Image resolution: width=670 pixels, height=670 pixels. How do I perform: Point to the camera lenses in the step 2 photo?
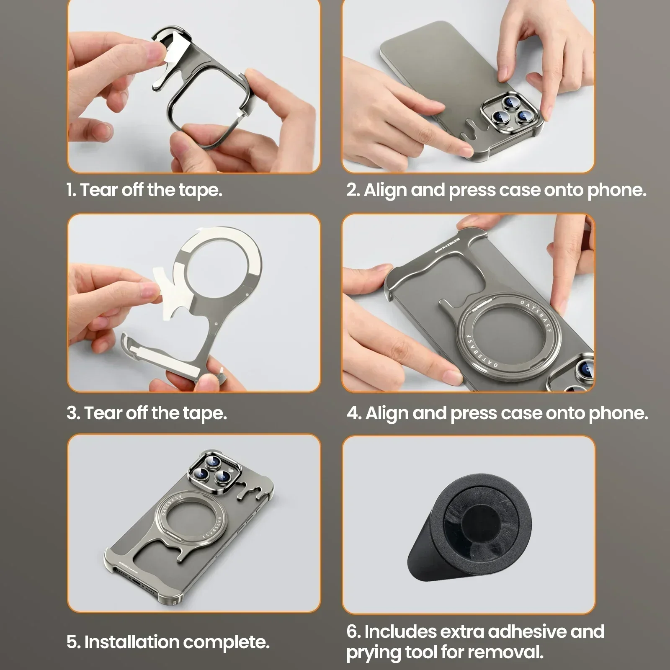click(509, 111)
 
